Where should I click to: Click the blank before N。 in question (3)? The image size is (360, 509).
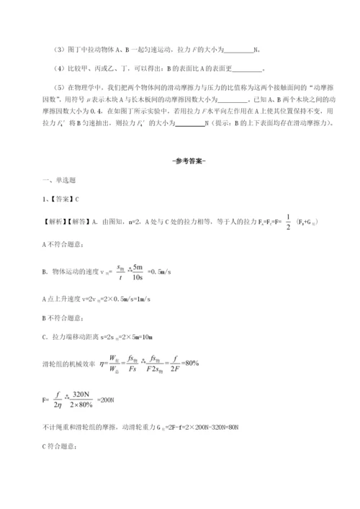click(x=239, y=50)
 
